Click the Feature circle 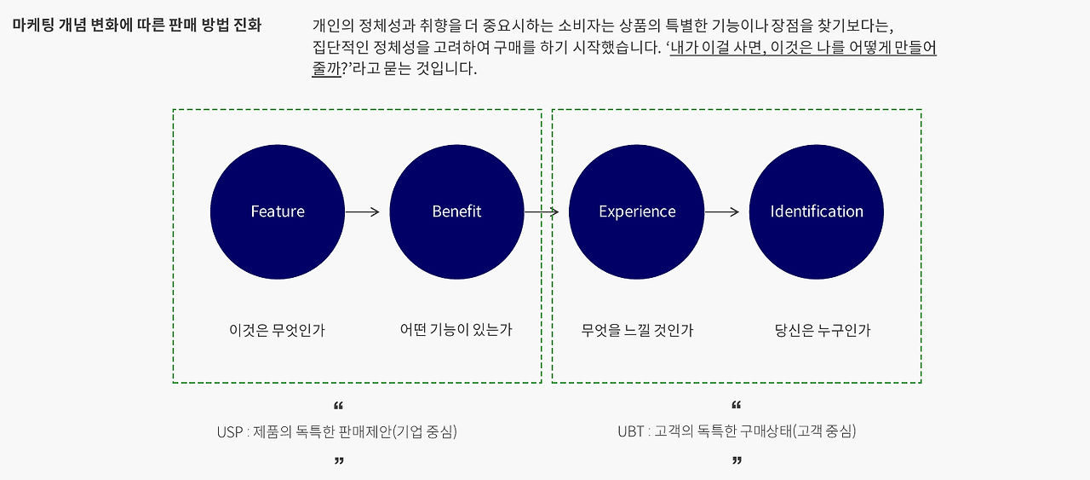click(278, 211)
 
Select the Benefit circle click(456, 211)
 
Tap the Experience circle click(637, 211)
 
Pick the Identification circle click(816, 211)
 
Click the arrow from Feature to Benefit click(363, 211)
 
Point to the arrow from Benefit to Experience click(542, 211)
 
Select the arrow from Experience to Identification click(722, 211)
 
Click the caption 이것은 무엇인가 click(277, 330)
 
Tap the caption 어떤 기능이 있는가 click(456, 330)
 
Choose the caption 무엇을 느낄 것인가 click(637, 330)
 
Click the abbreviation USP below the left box click(230, 431)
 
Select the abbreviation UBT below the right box click(630, 431)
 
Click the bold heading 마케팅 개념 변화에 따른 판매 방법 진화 click(137, 25)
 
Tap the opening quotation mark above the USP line click(339, 406)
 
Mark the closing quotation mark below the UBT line click(737, 461)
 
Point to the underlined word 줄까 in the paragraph click(326, 69)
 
